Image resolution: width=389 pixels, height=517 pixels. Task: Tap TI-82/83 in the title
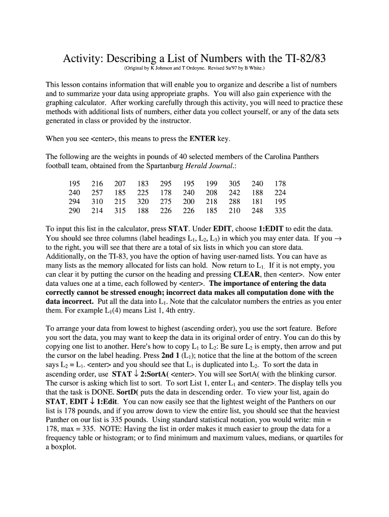[x=300, y=59]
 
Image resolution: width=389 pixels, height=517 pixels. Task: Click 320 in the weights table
[x=143, y=201]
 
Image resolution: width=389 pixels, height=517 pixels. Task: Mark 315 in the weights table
[x=120, y=211]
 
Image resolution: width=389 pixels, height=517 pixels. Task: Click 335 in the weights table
[x=280, y=211]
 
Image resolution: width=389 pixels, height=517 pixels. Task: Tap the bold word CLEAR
[x=247, y=274]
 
